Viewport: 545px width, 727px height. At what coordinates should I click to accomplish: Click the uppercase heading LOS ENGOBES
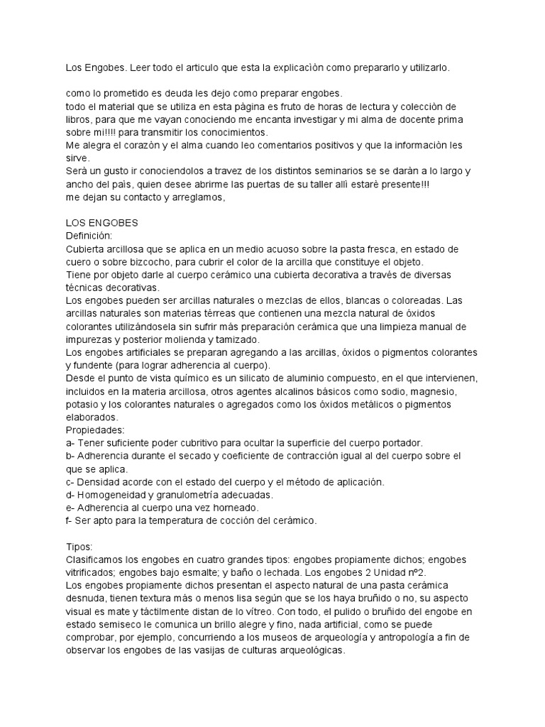101,222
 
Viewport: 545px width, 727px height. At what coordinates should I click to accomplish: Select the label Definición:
89,234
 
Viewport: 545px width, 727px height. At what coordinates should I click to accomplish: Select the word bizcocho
126,261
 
